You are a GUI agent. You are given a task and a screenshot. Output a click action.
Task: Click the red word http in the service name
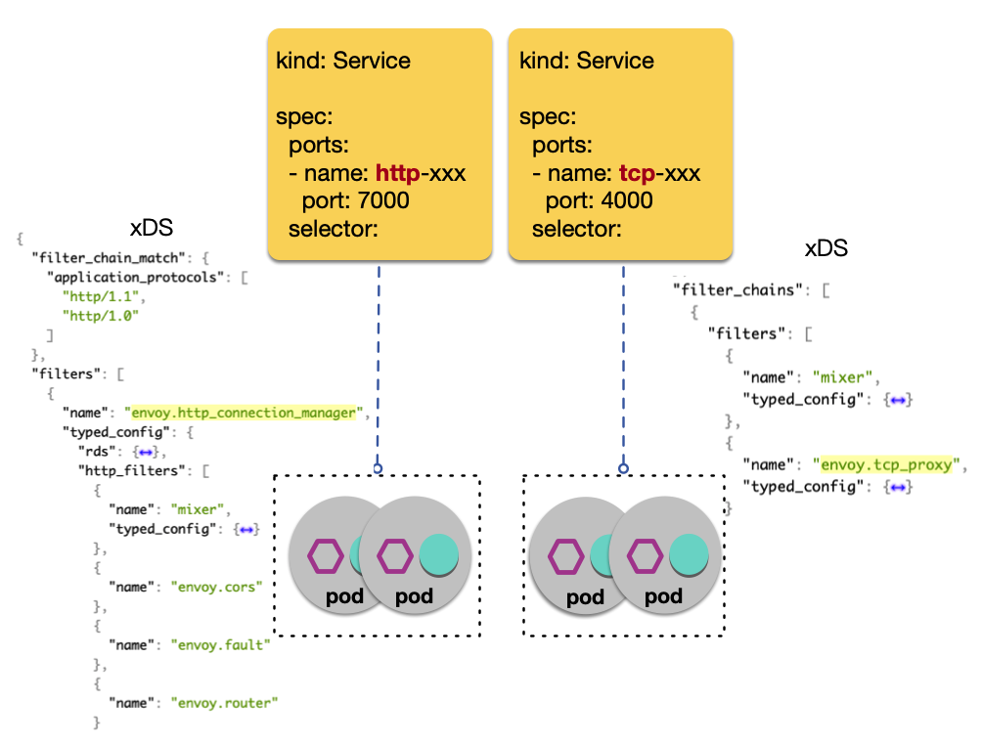click(x=397, y=174)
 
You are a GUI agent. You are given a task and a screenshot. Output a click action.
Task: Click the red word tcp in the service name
click(x=637, y=174)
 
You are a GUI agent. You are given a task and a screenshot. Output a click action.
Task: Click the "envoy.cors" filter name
click(x=218, y=587)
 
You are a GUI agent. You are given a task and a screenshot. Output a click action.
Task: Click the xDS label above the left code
click(x=151, y=229)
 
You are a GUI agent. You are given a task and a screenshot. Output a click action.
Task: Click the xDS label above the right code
click(x=826, y=248)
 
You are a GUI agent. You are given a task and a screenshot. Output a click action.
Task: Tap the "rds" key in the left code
click(x=98, y=452)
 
